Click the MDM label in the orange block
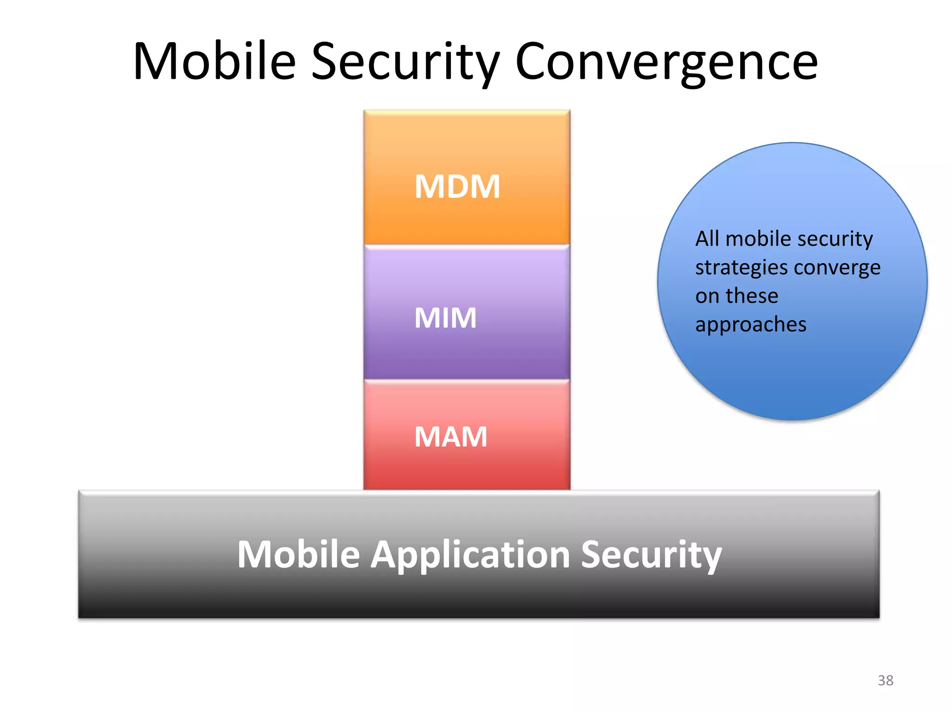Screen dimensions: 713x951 tap(457, 187)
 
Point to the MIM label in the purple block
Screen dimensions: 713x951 tap(445, 318)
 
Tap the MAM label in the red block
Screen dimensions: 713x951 tap(450, 437)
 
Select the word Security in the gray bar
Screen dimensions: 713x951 tap(651, 555)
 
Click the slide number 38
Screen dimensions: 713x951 tap(886, 681)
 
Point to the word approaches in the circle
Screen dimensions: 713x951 tap(751, 324)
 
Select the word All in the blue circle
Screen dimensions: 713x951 tap(707, 239)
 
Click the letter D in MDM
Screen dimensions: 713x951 tap(457, 187)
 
